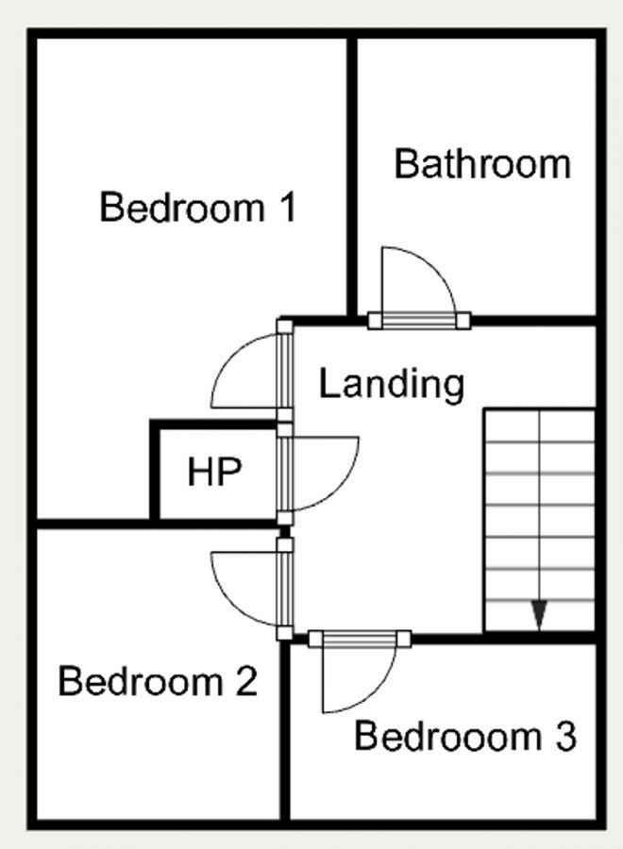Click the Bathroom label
482,164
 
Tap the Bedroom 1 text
197,208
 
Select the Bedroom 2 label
158,680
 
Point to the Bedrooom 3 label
464,737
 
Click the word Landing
392,384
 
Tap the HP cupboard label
214,472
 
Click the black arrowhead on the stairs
539,615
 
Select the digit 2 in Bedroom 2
245,680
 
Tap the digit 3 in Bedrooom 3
564,737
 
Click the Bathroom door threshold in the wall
418,321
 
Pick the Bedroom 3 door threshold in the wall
361,640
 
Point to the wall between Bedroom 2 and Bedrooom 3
284,736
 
